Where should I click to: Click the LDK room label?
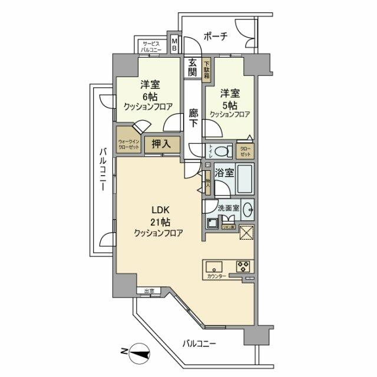[157, 211]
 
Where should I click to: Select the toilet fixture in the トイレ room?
[221, 151]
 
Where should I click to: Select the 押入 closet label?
[161, 143]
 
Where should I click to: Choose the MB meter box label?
[174, 45]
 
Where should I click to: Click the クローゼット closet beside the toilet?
[245, 151]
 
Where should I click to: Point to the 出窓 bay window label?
[148, 290]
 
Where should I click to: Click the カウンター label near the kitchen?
[217, 275]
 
